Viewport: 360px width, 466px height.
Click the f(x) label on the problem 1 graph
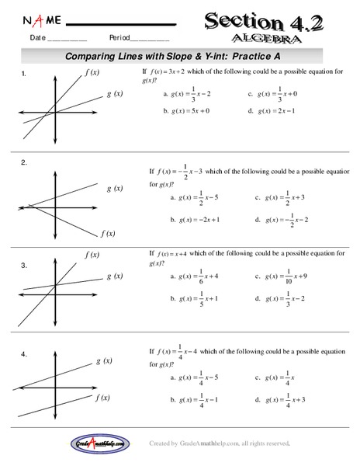coord(91,72)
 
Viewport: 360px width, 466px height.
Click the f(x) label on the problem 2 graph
coord(108,233)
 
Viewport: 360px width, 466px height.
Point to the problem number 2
coord(25,162)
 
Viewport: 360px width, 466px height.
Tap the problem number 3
coord(25,266)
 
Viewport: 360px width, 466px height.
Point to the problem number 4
coord(25,354)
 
